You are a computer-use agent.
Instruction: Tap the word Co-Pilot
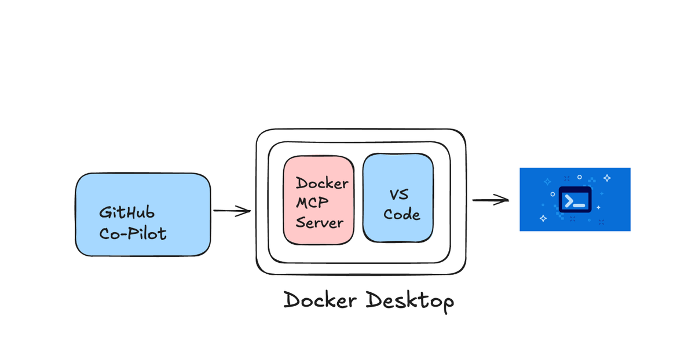[133, 234]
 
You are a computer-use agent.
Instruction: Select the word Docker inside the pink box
[321, 183]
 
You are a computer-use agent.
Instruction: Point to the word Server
[320, 223]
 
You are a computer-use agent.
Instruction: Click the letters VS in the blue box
[398, 194]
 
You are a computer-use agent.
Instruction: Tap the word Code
[401, 214]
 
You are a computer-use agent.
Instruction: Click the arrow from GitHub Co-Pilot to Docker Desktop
[232, 211]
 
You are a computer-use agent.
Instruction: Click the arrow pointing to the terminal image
[490, 200]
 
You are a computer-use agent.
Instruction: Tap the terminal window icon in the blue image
[575, 199]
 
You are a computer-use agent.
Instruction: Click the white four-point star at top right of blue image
[607, 178]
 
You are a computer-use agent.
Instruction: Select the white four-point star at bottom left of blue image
[543, 218]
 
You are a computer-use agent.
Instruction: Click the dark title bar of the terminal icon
[575, 190]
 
